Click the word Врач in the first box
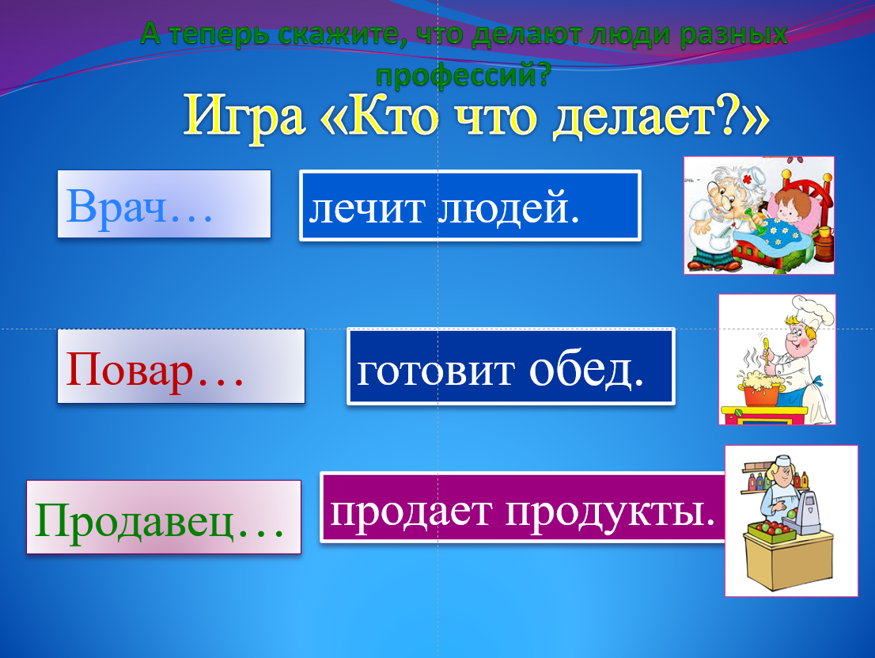pos(116,207)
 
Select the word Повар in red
pos(130,371)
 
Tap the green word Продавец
pos(134,519)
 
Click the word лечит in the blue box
pos(366,209)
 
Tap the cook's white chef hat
pos(813,311)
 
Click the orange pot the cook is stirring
pos(761,395)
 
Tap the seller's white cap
pos(782,460)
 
